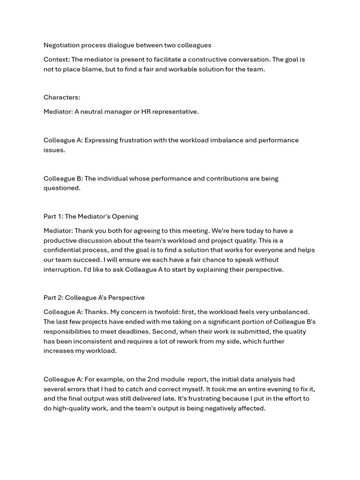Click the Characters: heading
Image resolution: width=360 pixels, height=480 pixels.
tap(62, 97)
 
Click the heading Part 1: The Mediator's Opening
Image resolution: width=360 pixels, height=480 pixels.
tap(91, 217)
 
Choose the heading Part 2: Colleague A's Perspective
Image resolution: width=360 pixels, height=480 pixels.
tap(94, 298)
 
